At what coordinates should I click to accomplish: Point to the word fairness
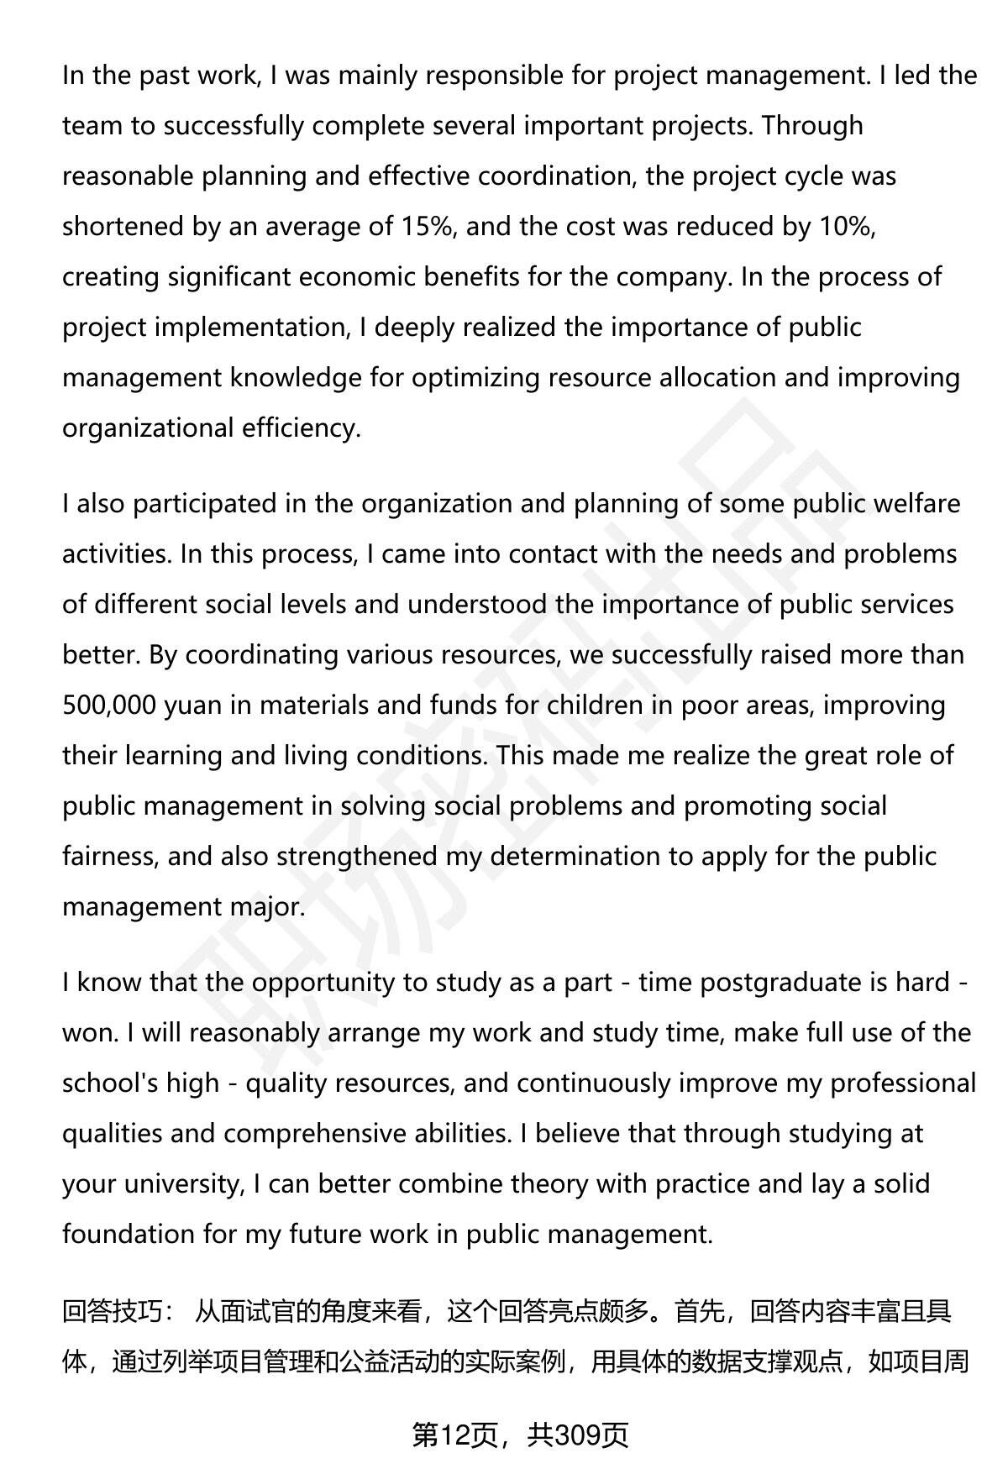coord(109,857)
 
